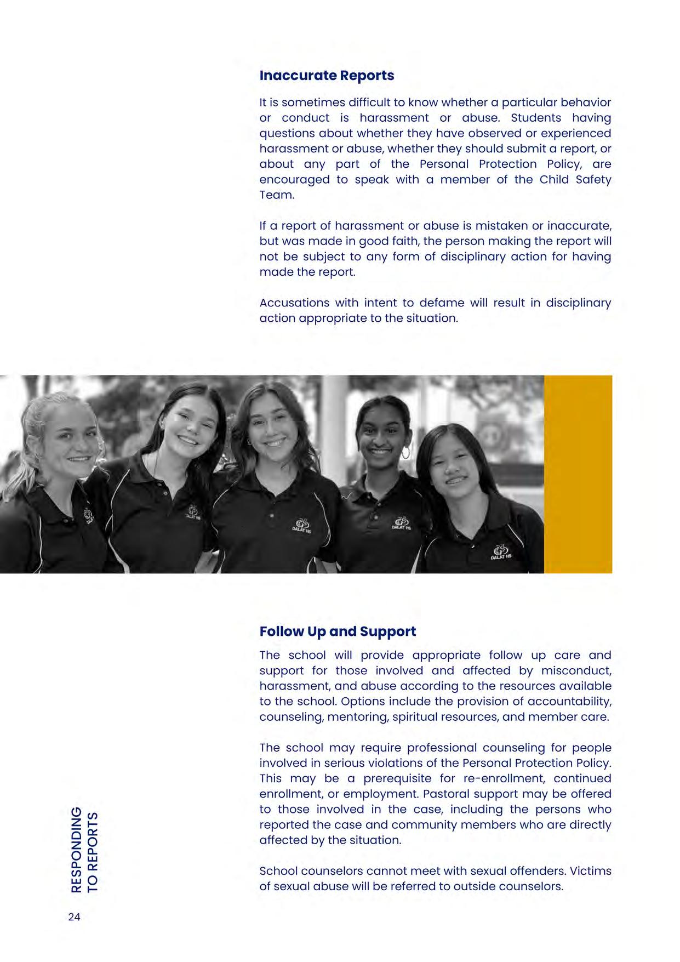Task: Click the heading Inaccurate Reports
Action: coord(327,76)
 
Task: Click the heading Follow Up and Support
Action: coord(338,631)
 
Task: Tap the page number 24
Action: coord(74,917)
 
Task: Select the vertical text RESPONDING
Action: coord(77,849)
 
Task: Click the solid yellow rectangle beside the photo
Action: coord(578,474)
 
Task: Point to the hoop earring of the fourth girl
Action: coord(405,454)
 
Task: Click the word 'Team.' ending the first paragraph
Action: coord(277,195)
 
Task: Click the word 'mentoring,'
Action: coord(356,717)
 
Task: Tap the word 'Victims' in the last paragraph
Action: coord(592,871)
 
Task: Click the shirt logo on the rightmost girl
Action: coord(501,551)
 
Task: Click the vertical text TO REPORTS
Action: coord(93,852)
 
